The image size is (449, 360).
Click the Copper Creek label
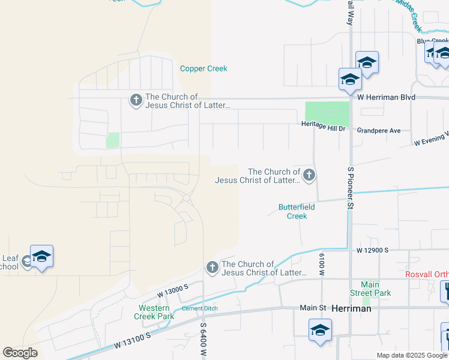[203, 68]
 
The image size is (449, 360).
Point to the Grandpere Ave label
[378, 130]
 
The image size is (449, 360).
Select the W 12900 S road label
[372, 250]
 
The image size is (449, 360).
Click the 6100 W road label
[322, 265]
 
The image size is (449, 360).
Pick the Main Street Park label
[375, 289]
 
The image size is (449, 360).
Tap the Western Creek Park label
[153, 312]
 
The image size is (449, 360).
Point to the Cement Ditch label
[200, 308]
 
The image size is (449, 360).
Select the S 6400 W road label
[204, 339]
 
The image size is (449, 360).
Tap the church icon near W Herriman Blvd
[136, 100]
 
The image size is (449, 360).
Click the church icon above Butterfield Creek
[309, 175]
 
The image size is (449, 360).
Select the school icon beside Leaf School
[41, 256]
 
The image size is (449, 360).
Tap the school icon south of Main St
[320, 330]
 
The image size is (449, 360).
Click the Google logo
[20, 353]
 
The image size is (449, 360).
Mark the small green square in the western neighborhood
[112, 140]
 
